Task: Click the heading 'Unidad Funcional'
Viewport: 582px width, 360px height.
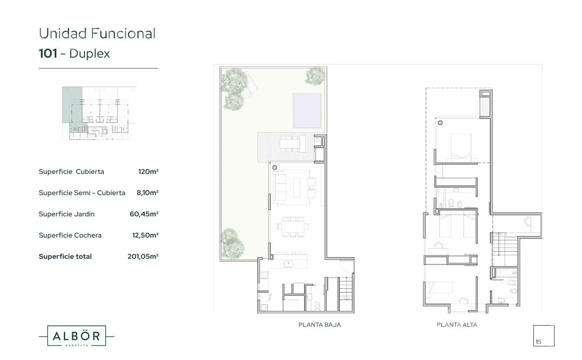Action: click(97, 33)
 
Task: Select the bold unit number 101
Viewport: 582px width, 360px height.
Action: click(48, 53)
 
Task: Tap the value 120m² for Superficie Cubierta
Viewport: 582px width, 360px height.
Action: click(148, 172)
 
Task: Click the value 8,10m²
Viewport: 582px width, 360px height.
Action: click(147, 193)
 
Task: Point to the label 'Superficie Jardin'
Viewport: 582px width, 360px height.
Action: click(67, 214)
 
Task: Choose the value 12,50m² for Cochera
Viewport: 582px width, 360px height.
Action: click(145, 235)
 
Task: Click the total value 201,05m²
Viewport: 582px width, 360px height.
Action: click(143, 257)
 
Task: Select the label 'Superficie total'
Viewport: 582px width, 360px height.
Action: click(65, 257)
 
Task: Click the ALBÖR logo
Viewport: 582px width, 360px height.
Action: click(76, 336)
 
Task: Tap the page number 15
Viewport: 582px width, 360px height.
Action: click(538, 342)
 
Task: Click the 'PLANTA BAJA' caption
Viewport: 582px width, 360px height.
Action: click(320, 325)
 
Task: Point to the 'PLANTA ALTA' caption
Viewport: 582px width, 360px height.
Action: click(457, 325)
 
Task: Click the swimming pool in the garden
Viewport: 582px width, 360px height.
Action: click(307, 111)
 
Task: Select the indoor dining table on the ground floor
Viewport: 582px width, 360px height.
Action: click(293, 227)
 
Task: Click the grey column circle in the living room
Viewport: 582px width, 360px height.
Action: click(275, 168)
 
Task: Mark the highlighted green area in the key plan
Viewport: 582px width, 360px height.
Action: click(72, 105)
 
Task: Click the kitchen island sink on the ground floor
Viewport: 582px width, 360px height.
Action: click(288, 264)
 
